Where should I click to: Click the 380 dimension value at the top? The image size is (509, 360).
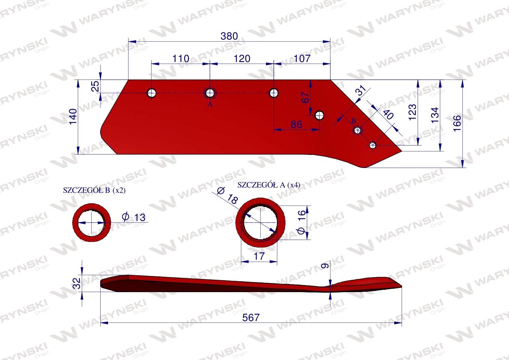[229, 36]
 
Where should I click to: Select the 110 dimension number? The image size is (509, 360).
[181, 59]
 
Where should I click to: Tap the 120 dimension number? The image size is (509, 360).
[242, 59]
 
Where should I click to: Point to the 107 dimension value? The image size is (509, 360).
[302, 58]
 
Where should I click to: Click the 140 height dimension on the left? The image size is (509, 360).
[73, 117]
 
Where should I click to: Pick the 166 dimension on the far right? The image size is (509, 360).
[457, 123]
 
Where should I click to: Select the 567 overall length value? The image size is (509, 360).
[251, 318]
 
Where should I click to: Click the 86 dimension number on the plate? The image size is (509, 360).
[296, 124]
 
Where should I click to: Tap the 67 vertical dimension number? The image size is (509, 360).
[306, 97]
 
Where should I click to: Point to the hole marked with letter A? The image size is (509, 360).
[210, 93]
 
